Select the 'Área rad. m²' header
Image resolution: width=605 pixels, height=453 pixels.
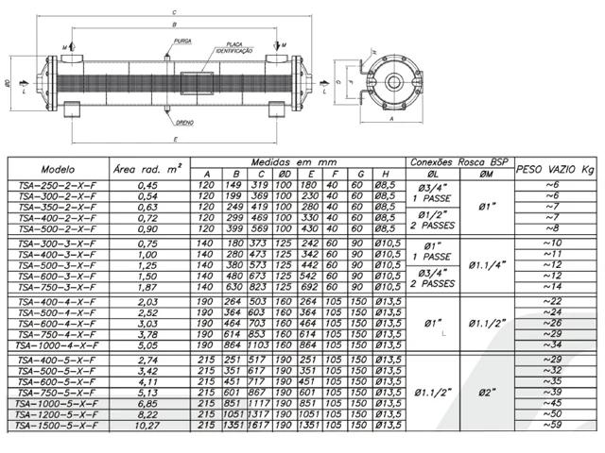tap(147, 168)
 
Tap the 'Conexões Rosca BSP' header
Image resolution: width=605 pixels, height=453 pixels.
tap(459, 161)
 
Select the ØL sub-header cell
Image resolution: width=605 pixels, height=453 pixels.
tap(433, 174)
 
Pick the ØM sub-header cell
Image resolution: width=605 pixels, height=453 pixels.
tap(486, 174)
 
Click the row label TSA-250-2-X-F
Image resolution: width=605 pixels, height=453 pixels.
tap(56, 185)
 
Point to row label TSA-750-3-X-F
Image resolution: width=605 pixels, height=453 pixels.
tap(56, 287)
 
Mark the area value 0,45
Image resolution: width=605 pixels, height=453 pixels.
tap(147, 185)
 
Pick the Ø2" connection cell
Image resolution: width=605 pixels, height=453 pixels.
tap(486, 391)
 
